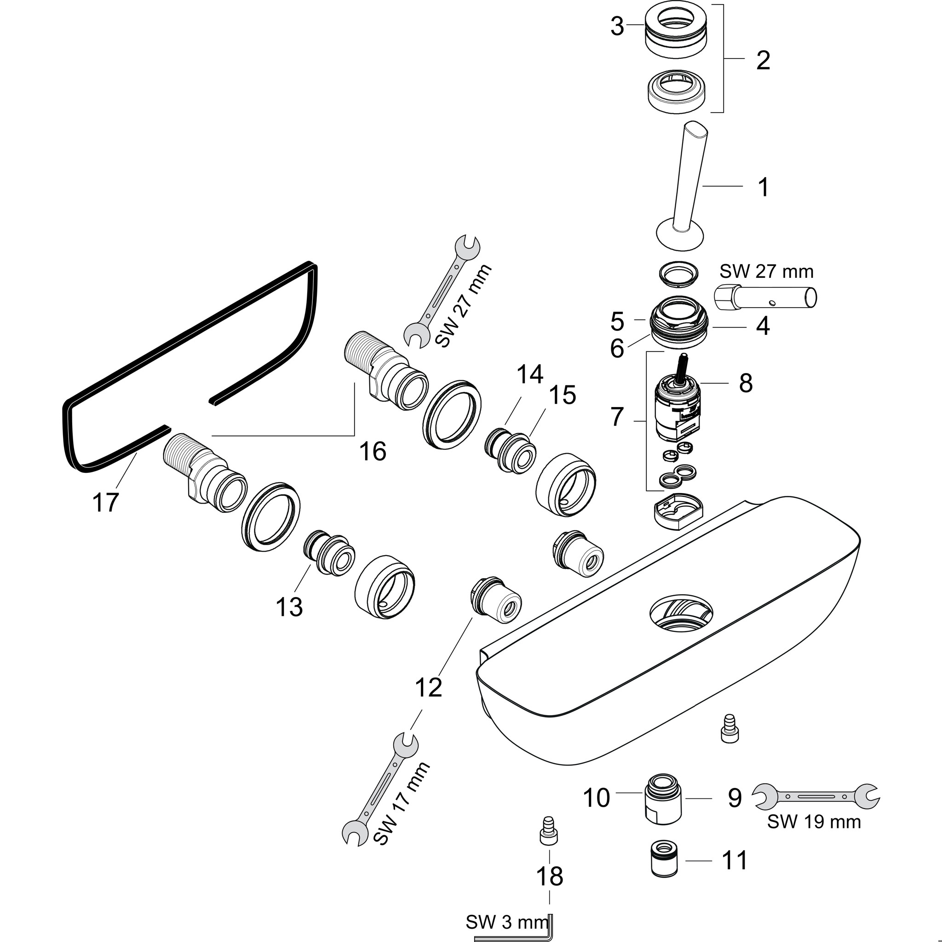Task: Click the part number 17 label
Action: (105, 502)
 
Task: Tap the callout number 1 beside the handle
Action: (764, 187)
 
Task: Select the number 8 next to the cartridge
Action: (746, 383)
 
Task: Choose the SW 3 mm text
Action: (507, 922)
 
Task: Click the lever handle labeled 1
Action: (688, 185)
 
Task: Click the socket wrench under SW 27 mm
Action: (765, 297)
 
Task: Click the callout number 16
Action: (373, 451)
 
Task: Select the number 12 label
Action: (429, 688)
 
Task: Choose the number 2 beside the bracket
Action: (763, 60)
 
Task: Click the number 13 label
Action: (289, 607)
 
